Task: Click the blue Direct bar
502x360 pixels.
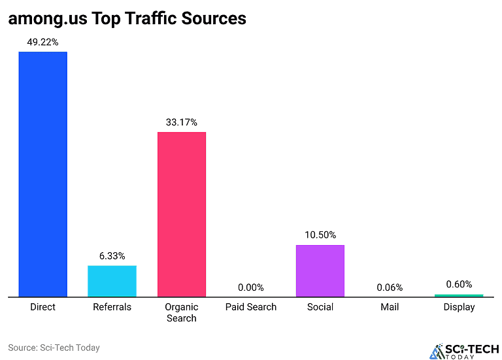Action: tap(42, 174)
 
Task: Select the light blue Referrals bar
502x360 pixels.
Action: tap(112, 281)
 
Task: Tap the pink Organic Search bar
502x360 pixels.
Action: tap(181, 214)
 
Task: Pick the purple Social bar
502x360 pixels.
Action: tap(320, 270)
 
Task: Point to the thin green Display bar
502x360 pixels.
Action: tap(459, 295)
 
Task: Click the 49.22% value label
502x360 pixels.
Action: tap(42, 42)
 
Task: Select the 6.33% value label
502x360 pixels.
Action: tap(112, 256)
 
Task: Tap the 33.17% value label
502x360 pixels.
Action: tap(181, 122)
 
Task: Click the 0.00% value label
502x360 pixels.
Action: tap(250, 287)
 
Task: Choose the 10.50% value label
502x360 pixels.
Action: tap(320, 235)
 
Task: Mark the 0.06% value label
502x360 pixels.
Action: tap(390, 287)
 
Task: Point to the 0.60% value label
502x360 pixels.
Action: tap(459, 284)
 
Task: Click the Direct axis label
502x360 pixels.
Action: tap(42, 307)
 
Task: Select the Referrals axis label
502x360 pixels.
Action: tap(112, 307)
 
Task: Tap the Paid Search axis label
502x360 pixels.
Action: tap(250, 307)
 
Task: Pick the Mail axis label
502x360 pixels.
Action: tap(390, 307)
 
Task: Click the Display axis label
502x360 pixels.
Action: tap(459, 307)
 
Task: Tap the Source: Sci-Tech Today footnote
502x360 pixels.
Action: tap(54, 348)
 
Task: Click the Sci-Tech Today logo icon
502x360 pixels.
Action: tap(436, 351)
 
